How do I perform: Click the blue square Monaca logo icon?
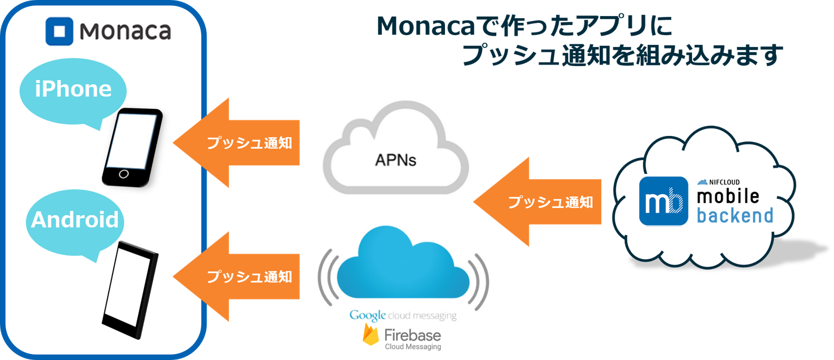click(x=60, y=31)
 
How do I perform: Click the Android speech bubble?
click(x=75, y=220)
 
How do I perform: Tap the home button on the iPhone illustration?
click(x=124, y=174)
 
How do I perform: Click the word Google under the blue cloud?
click(x=368, y=315)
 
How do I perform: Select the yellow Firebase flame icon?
click(x=371, y=335)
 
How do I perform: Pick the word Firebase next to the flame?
click(x=412, y=335)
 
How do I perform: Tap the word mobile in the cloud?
click(x=728, y=196)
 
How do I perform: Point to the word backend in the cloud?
click(x=735, y=215)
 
